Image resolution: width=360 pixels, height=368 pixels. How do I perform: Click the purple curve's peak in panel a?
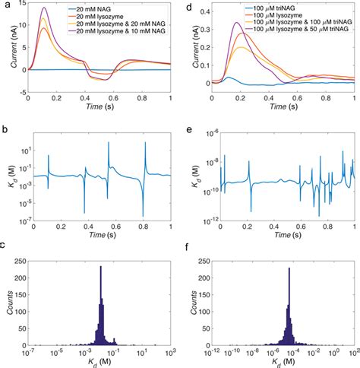point(44,8)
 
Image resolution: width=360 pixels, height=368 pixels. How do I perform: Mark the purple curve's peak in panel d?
point(237,24)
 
